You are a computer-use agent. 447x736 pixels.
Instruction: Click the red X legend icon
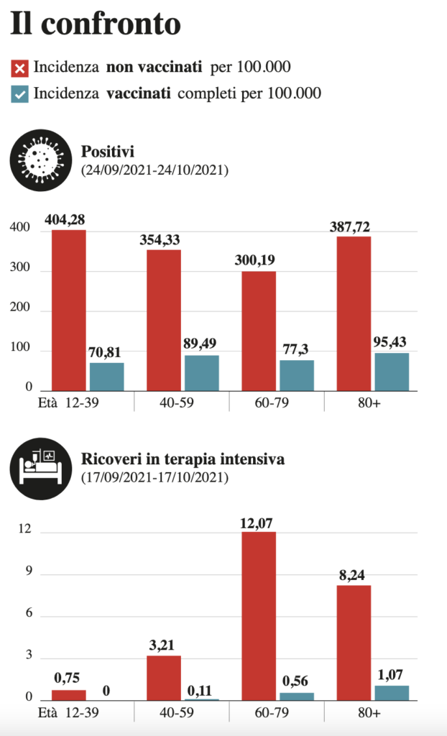[20, 68]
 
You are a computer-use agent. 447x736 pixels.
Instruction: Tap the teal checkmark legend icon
[20, 93]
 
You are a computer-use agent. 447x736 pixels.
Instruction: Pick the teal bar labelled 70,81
[106, 377]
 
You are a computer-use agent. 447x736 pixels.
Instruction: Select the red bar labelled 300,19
[259, 331]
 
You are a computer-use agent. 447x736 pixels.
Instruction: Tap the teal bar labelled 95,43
[392, 372]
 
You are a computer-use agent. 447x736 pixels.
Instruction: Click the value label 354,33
[163, 240]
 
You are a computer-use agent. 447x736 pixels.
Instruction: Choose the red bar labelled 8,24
[354, 643]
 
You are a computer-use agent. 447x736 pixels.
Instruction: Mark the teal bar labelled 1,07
[392, 693]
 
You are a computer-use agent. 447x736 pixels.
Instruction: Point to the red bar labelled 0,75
[69, 695]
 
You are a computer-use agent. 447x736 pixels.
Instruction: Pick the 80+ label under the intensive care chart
[371, 712]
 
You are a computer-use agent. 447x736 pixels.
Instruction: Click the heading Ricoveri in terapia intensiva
[183, 459]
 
